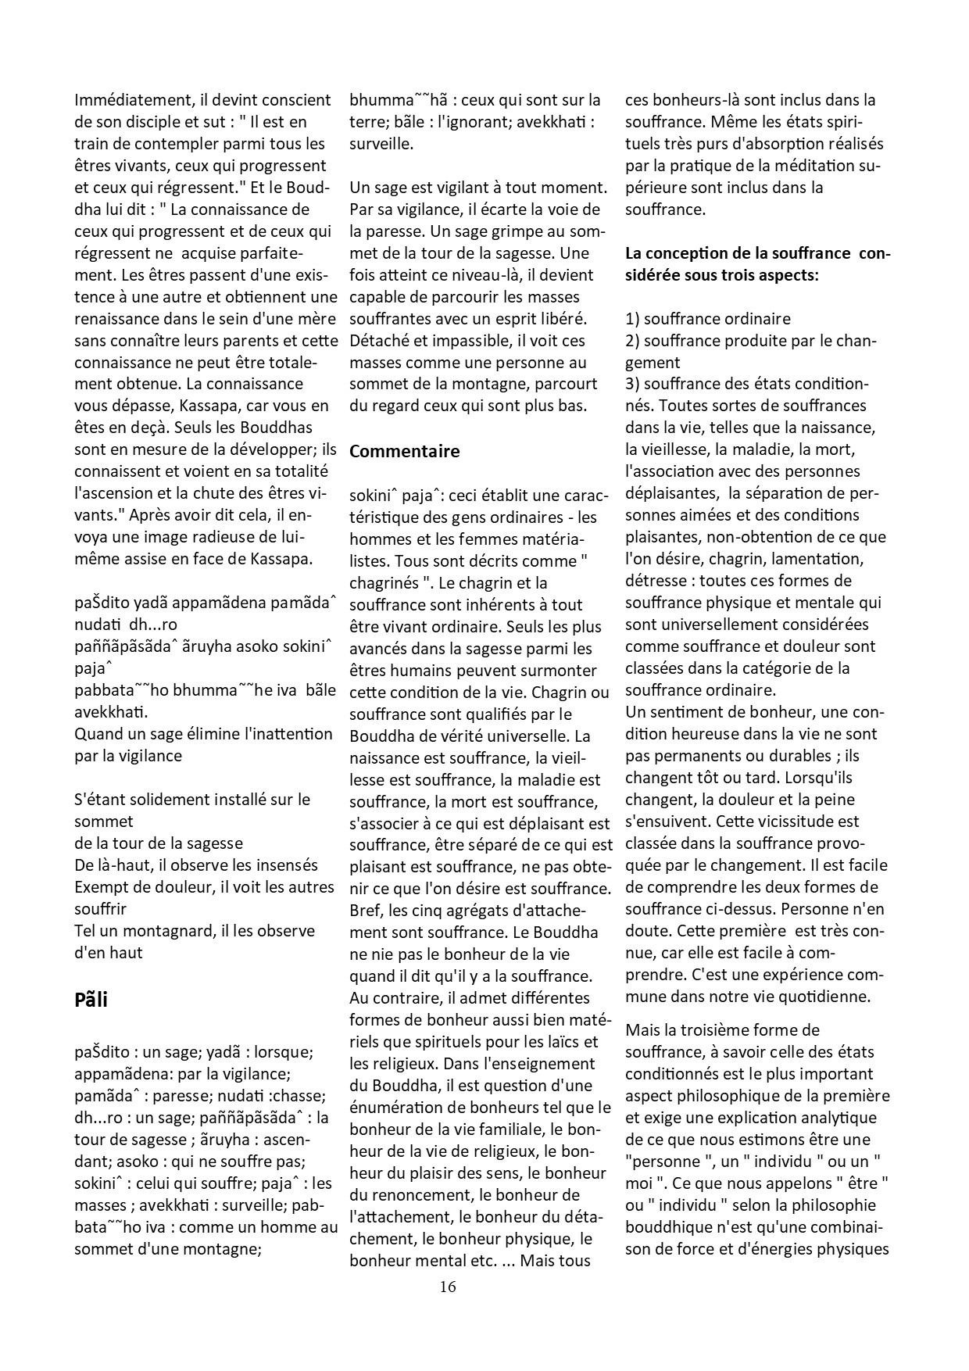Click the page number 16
[x=448, y=1286]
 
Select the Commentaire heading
[x=404, y=451]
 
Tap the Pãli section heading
[x=91, y=1000]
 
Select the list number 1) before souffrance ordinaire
[x=632, y=319]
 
